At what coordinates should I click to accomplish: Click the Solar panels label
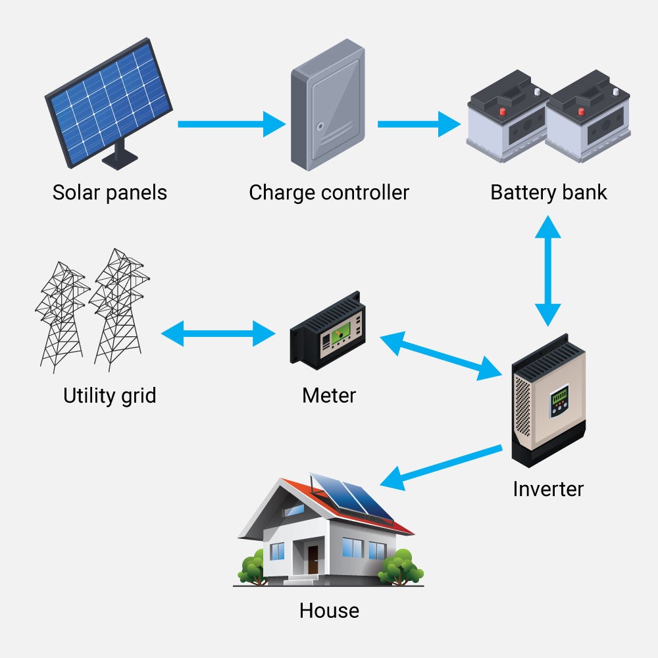110,193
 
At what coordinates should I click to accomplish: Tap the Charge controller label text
329,193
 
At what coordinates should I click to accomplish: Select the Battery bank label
548,193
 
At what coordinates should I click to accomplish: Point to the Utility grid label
110,395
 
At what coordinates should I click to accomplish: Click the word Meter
329,395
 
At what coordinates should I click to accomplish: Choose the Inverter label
548,489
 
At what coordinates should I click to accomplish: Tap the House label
329,610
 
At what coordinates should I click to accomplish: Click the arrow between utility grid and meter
218,333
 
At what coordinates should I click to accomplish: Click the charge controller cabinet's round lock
320,125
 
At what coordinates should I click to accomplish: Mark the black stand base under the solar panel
120,160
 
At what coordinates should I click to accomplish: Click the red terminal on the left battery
503,111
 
